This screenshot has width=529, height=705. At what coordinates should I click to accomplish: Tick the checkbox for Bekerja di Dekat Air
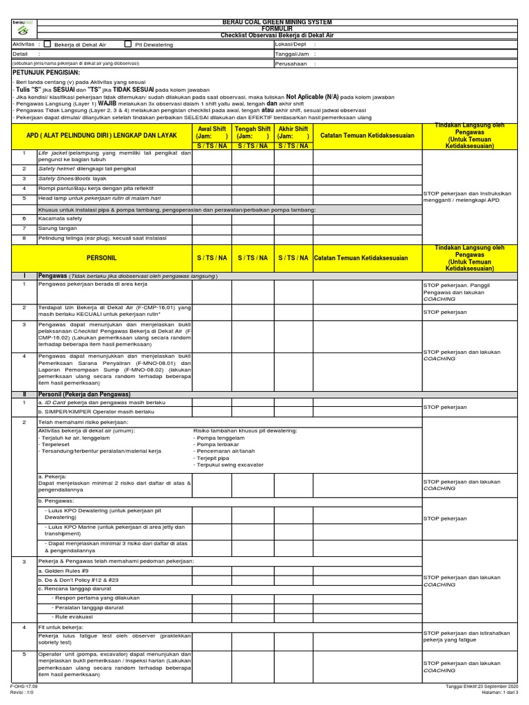(x=47, y=44)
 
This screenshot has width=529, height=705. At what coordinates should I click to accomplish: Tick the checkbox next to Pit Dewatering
(x=127, y=44)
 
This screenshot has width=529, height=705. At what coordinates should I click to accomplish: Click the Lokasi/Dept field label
(x=291, y=44)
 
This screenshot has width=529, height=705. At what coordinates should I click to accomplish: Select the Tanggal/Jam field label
(x=291, y=53)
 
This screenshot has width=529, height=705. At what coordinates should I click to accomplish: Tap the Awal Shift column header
(x=212, y=129)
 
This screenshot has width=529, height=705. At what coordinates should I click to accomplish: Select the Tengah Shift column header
(x=253, y=129)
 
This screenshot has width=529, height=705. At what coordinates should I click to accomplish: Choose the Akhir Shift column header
(x=293, y=129)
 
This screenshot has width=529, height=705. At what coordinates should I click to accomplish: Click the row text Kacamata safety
(x=56, y=218)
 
